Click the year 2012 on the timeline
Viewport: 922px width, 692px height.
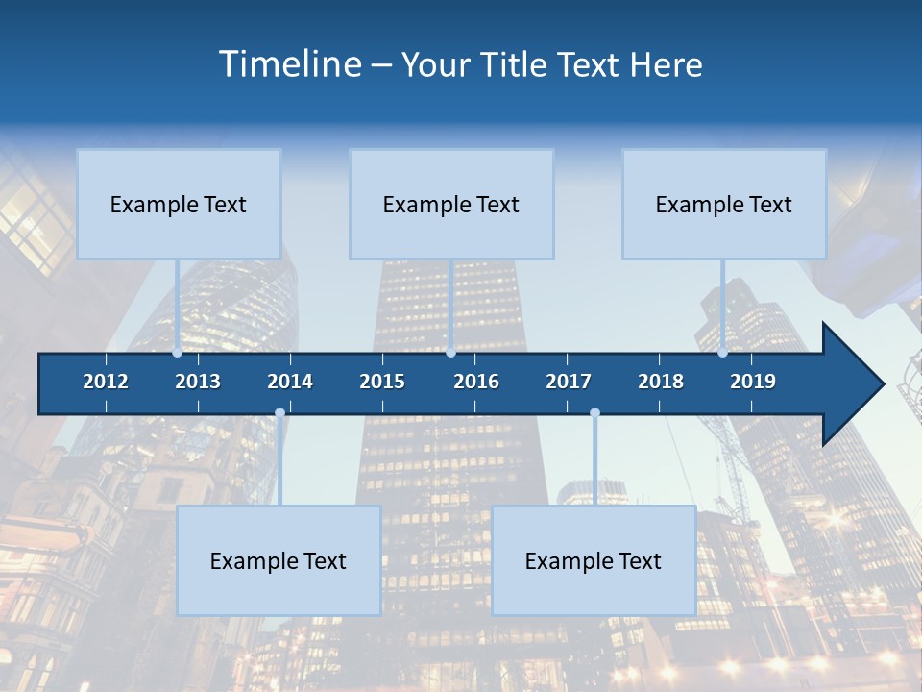[x=106, y=382]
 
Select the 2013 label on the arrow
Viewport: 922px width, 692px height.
[x=198, y=382]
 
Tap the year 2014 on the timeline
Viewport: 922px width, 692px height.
[x=290, y=382]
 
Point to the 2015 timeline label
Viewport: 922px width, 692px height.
[x=382, y=382]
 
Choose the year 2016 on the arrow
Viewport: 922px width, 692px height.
[x=476, y=382]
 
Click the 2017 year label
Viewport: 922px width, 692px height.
[x=569, y=382]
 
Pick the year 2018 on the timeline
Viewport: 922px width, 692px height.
[x=661, y=382]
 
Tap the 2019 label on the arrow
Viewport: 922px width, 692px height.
[x=753, y=382]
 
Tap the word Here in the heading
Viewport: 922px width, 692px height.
[x=666, y=64]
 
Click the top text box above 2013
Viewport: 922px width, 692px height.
[x=179, y=204]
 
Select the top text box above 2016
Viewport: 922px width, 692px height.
[x=451, y=204]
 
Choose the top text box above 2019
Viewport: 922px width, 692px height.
[x=724, y=204]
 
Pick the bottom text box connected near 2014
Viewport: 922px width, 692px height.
[x=279, y=560]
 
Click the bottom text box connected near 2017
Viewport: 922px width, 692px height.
[x=594, y=560]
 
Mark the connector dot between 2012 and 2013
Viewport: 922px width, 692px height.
[x=178, y=353]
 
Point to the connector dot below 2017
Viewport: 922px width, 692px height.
[x=594, y=413]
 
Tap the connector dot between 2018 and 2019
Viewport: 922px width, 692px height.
[x=723, y=353]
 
